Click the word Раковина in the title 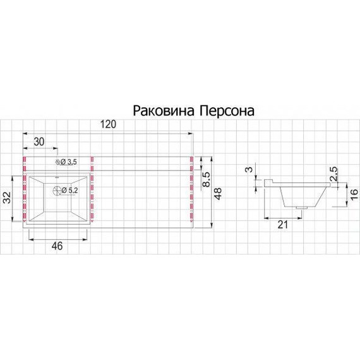click(163, 111)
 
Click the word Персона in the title click(226, 111)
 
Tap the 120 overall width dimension click(108, 125)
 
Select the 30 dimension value click(39, 142)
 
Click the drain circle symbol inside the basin click(57, 190)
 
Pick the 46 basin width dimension click(56, 246)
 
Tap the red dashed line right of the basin click(92, 189)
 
